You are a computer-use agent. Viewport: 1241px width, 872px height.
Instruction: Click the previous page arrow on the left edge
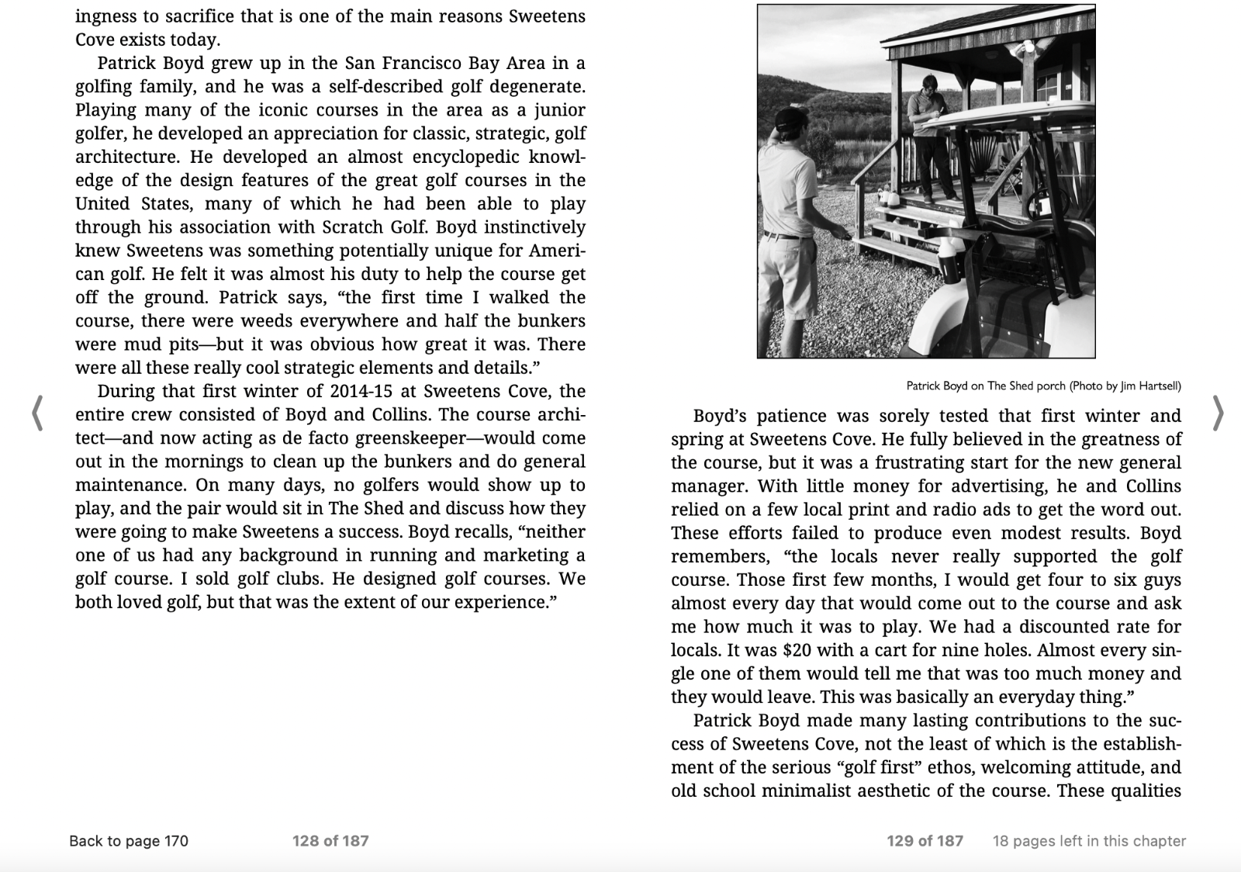tap(36, 413)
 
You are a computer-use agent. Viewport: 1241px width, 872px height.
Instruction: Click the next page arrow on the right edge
tap(1218, 413)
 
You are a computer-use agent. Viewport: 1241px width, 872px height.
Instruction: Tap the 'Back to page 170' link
tap(129, 841)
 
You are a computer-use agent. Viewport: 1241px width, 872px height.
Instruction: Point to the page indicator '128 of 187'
tap(330, 841)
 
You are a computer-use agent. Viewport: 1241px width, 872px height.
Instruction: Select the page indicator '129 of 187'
tap(925, 841)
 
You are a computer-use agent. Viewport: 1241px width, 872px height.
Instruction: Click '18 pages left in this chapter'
tap(1089, 841)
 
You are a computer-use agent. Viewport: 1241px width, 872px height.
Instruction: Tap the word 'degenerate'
tap(531, 86)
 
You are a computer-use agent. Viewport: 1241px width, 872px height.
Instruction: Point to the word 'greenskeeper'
tap(410, 438)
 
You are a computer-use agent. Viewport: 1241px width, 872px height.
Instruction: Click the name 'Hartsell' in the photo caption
tap(1160, 386)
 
